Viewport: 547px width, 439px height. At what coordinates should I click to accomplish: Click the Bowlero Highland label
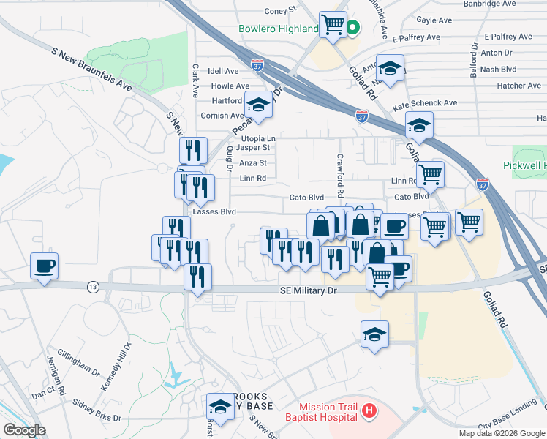[278, 29]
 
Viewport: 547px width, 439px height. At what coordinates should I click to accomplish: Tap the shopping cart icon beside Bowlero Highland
[333, 25]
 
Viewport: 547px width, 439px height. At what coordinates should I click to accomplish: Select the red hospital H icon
[369, 412]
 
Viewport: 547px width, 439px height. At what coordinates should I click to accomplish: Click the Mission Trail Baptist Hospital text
[328, 412]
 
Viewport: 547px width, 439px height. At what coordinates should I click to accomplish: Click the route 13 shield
[93, 286]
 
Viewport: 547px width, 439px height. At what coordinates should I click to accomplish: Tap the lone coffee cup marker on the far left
[44, 265]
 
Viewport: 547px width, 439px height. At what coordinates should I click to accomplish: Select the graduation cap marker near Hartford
[258, 106]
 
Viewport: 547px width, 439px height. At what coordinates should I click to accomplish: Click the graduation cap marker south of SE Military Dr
[374, 334]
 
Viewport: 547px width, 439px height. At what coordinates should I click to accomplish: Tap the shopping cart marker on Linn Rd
[430, 174]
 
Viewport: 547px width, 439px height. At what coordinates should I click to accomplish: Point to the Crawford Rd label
[340, 176]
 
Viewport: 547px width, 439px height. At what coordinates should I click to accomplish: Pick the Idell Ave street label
[224, 72]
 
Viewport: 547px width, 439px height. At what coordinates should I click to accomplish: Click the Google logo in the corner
[25, 429]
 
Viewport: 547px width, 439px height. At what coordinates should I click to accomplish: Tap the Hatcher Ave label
[518, 86]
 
